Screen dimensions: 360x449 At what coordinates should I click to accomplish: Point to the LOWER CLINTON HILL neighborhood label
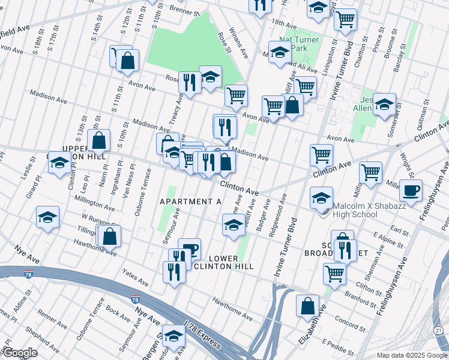click(x=231, y=262)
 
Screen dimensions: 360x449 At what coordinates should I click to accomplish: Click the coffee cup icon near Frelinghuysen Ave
click(x=411, y=191)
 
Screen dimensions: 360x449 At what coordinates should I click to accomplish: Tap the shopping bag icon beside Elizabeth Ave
click(x=307, y=306)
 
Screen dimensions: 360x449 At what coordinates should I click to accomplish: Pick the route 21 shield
click(x=439, y=331)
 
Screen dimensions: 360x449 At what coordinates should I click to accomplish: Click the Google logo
click(x=20, y=353)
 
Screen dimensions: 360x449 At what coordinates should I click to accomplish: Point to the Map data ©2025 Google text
click(x=411, y=355)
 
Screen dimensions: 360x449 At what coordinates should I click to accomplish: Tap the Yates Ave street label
click(x=135, y=278)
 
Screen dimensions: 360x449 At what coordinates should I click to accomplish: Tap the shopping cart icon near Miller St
click(x=370, y=172)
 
